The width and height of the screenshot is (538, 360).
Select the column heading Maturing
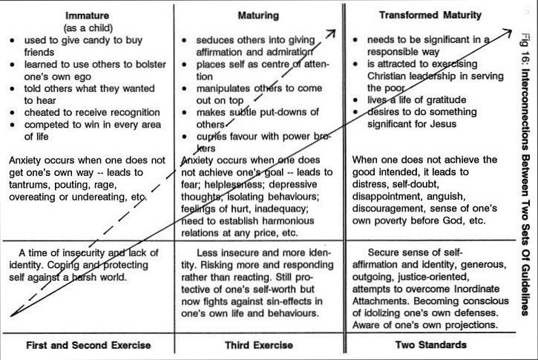coord(257,16)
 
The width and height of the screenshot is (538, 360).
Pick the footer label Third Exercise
coord(257,345)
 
